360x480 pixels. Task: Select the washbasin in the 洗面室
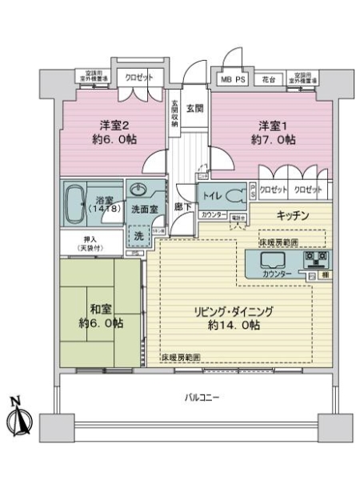tap(138, 191)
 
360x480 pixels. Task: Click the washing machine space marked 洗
tap(138, 235)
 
